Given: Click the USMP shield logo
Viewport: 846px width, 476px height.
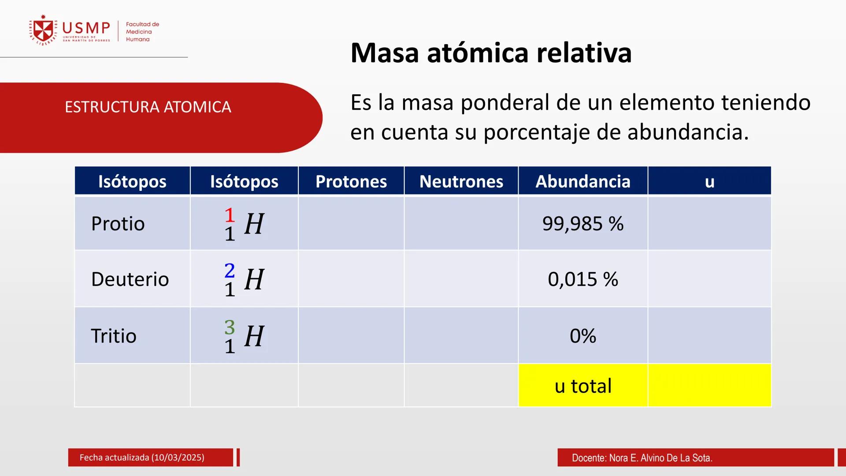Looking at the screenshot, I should click(x=43, y=30).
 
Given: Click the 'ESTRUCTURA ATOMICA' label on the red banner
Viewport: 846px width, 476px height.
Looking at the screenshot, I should click(x=148, y=107).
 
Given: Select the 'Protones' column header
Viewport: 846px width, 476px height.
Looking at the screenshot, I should click(x=351, y=182).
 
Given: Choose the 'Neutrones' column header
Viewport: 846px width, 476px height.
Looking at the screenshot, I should click(x=461, y=182).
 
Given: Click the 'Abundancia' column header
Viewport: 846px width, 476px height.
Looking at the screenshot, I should click(x=583, y=182).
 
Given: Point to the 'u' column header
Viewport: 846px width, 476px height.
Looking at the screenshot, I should click(x=709, y=182).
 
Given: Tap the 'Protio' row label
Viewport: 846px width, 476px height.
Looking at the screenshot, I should click(x=118, y=224).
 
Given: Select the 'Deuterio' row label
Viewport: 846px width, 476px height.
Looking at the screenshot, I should click(x=130, y=279).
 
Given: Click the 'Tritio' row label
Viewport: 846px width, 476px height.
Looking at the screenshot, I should click(x=114, y=336).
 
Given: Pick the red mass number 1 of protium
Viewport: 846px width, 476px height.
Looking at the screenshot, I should click(x=230, y=215).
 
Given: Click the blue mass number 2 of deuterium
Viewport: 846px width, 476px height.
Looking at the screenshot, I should click(x=230, y=271).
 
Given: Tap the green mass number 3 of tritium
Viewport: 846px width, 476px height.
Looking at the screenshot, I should click(x=230, y=327).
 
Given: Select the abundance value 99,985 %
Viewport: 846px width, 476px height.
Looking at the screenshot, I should click(x=583, y=224).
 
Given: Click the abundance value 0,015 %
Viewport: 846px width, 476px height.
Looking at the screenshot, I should click(x=583, y=279).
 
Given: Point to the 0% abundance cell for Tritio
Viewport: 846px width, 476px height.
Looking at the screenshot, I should click(x=583, y=336).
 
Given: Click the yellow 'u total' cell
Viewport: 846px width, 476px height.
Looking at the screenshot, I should click(x=583, y=386).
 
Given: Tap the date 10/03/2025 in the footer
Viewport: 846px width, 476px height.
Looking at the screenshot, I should click(x=178, y=457).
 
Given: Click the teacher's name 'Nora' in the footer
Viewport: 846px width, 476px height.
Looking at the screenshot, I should click(x=618, y=458).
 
